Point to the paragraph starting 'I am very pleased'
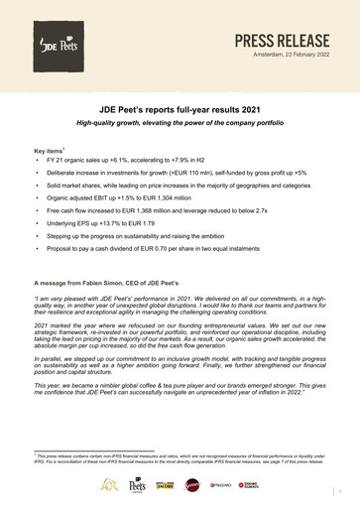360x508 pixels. pos(180,307)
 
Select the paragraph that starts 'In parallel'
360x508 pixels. pos(180,373)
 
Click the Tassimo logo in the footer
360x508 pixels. pos(249,486)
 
